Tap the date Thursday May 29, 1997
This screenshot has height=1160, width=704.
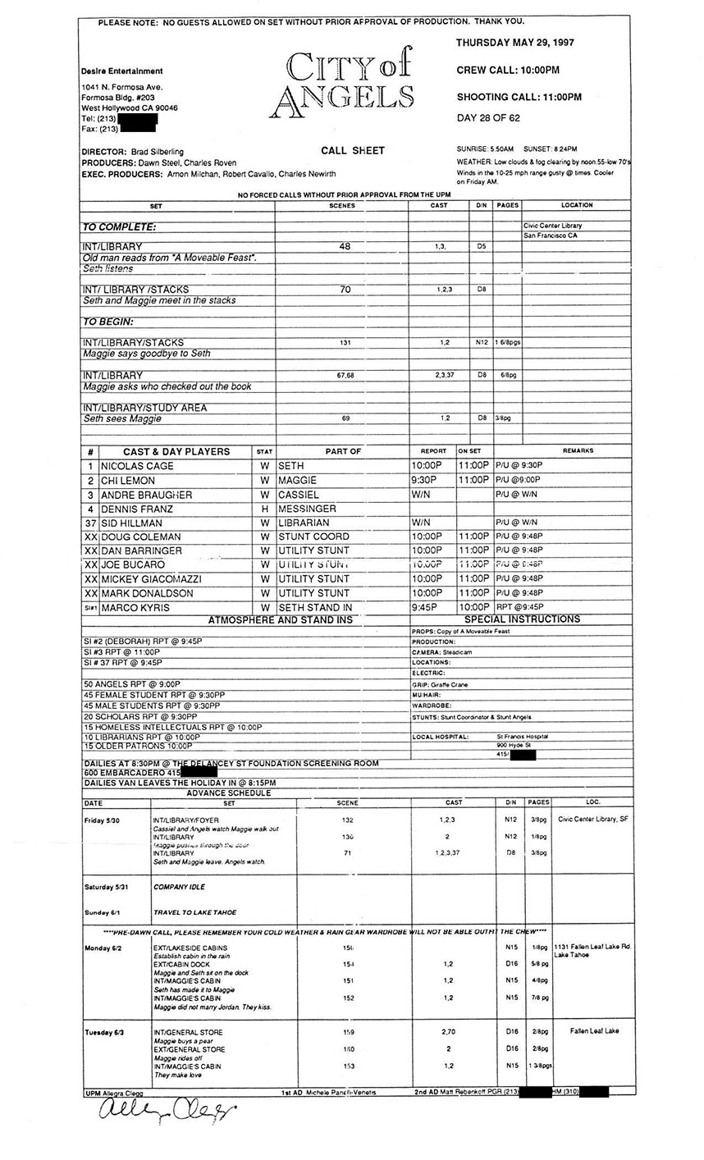point(514,42)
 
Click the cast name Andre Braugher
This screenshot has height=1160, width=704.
point(146,495)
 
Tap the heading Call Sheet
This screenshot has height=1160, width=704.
point(353,150)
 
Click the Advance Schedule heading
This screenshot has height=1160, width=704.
point(229,793)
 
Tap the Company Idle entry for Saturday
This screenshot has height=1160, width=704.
point(180,887)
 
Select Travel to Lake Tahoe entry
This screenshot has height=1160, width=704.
point(194,912)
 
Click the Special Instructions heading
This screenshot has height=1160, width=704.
point(522,619)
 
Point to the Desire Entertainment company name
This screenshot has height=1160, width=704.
point(121,71)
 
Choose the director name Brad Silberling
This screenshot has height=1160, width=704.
point(157,152)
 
